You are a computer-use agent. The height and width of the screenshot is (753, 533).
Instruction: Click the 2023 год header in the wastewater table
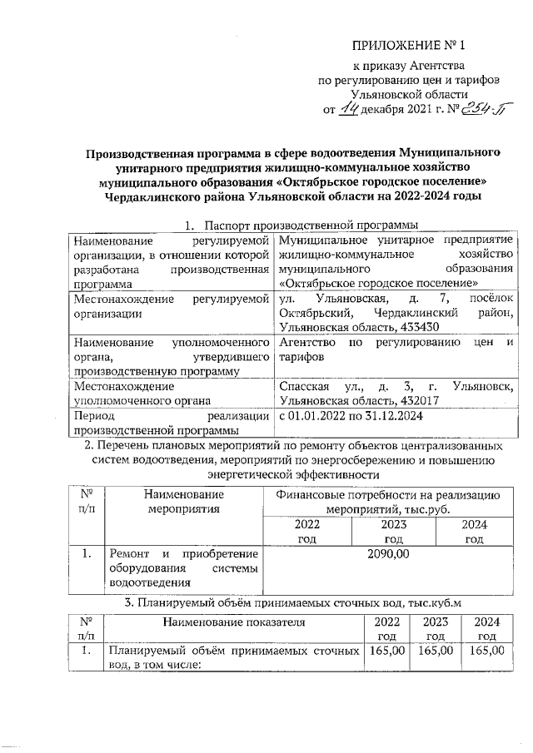point(436,628)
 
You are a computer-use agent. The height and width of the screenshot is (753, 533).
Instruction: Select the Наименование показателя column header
point(233,622)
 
